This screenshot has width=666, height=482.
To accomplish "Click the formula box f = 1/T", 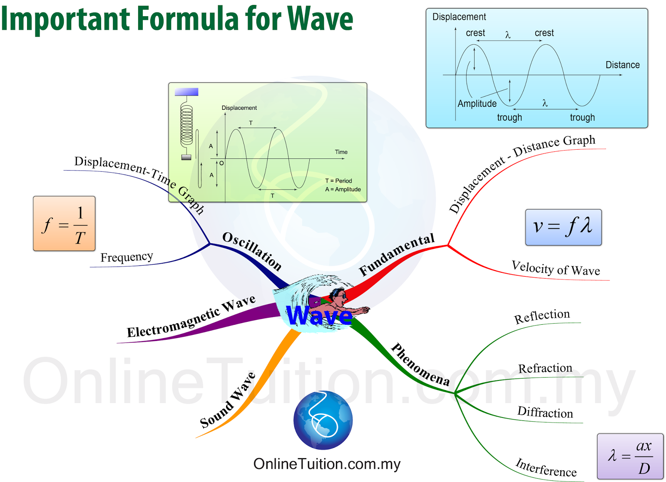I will pos(64,224).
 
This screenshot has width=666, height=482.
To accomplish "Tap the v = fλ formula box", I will pos(563,227).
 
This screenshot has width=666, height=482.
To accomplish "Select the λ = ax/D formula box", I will pos(630,456).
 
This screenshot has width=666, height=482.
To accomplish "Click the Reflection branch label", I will pos(542,316).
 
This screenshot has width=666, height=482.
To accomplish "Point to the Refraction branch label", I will pos(545,368).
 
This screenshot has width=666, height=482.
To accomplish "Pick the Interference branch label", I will pos(546,468).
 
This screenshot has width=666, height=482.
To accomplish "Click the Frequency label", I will pos(127,257).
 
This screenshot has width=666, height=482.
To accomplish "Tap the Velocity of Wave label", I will pos(556,269).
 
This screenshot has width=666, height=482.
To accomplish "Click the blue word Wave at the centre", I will pos(319,316).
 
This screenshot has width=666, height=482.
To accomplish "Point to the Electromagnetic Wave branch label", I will pos(191,317).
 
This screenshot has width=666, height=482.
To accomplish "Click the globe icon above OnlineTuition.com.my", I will pos(323,420).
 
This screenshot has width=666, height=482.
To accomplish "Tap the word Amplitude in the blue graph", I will pos(477,104).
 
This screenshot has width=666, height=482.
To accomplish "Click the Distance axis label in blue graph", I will pos(622,65).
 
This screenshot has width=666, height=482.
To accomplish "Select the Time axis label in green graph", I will pos(341,152).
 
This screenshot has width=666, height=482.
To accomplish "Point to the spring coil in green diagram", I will pos(186,124).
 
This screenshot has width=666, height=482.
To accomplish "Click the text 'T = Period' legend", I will pos(338,181).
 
